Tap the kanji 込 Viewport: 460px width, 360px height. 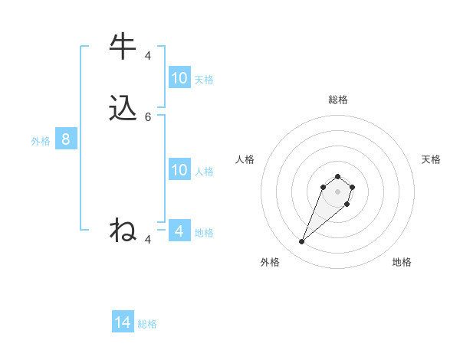(123, 108)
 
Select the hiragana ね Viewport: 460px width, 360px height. (123, 230)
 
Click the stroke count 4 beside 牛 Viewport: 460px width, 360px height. (148, 55)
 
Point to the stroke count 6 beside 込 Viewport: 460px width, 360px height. (148, 117)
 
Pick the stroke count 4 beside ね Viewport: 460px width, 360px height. (148, 240)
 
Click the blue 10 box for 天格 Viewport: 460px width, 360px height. (179, 78)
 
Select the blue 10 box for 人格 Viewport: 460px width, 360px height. (179, 170)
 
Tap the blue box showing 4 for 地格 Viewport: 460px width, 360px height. (179, 231)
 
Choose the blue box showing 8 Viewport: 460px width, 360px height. (66, 139)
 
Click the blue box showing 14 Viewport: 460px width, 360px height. (123, 322)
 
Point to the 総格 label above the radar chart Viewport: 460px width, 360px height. (338, 100)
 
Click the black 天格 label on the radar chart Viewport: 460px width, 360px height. (431, 159)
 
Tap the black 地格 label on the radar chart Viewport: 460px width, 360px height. (402, 262)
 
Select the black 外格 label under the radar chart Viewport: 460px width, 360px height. (270, 262)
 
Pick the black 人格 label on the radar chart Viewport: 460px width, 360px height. (245, 159)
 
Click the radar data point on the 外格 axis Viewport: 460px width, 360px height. (302, 242)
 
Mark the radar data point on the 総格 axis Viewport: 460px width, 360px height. (337, 174)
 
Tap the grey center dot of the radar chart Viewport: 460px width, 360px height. (337, 191)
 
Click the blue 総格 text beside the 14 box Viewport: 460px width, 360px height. (147, 324)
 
